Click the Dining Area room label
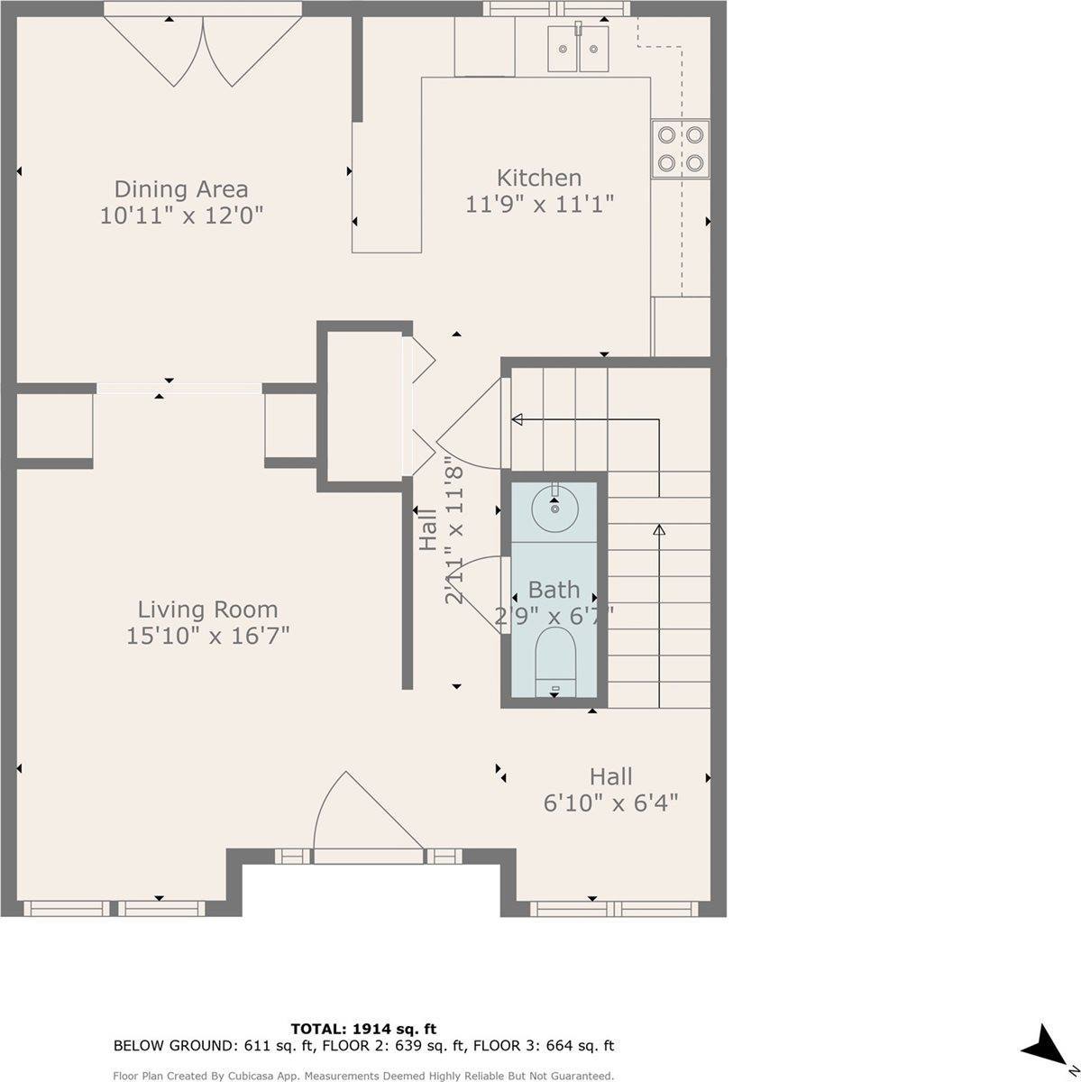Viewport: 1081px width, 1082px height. click(x=180, y=189)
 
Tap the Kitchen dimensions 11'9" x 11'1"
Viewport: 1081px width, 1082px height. click(x=539, y=205)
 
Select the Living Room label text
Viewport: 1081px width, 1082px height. click(x=207, y=610)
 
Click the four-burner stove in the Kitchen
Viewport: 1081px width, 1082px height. click(x=680, y=150)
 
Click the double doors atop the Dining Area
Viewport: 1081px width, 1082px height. click(x=203, y=50)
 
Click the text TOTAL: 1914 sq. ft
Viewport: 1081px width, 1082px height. click(x=363, y=1028)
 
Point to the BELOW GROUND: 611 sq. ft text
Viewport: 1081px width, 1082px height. click(x=174, y=1046)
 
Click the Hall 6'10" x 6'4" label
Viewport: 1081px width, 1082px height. click(x=610, y=790)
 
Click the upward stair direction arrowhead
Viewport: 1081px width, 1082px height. click(x=659, y=530)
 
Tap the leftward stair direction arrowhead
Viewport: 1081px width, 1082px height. click(x=518, y=419)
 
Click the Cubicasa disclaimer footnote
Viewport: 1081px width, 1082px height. click(x=363, y=1076)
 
